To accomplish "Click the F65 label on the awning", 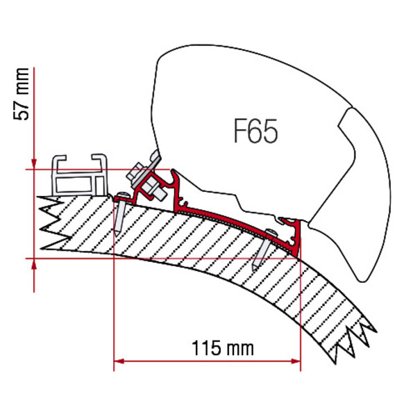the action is click(x=255, y=131).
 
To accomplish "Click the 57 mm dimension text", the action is click(x=22, y=94).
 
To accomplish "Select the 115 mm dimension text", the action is click(x=223, y=348).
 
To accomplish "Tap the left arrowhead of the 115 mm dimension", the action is click(x=119, y=361).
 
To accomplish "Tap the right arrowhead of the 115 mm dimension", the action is click(x=296, y=361).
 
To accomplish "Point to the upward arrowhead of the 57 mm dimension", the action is click(x=34, y=264).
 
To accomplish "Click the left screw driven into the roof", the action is click(x=119, y=213).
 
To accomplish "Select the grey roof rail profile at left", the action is click(x=81, y=176).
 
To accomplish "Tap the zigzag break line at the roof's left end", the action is click(x=52, y=223).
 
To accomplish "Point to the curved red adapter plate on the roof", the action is click(x=234, y=223).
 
